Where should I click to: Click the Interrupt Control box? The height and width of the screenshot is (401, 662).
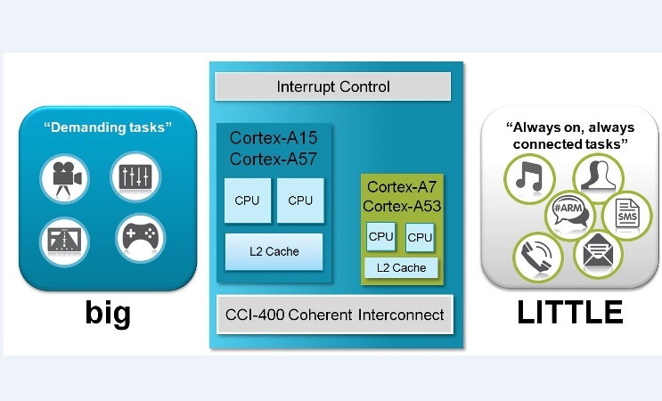(333, 87)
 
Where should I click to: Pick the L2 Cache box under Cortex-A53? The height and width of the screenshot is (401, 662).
(401, 267)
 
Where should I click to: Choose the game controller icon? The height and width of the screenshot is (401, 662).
(140, 238)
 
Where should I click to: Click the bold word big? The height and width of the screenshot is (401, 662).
(108, 314)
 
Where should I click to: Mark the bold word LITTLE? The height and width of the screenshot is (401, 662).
(570, 313)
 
